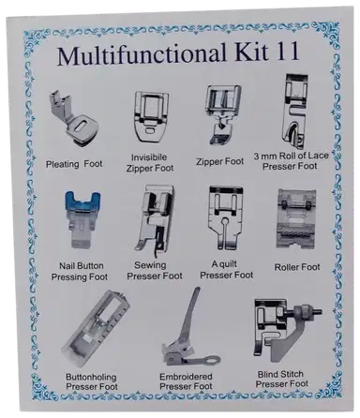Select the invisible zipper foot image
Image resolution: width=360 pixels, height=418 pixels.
(151, 118)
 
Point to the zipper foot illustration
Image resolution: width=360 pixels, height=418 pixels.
(222, 114)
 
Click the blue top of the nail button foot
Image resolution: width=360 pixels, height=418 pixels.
(82, 201)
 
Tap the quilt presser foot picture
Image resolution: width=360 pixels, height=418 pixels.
(226, 217)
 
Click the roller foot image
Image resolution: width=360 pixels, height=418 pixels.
(296, 218)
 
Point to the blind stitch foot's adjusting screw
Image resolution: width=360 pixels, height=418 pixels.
(307, 312)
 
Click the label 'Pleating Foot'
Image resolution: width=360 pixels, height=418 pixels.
(74, 164)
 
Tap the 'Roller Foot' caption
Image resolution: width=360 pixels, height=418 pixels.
(297, 267)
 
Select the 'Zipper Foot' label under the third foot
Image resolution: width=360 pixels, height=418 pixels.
(220, 161)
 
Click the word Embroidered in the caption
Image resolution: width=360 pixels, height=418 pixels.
(186, 376)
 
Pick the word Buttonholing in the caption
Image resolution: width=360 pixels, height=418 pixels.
(91, 377)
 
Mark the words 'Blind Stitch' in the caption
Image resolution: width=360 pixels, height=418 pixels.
(280, 374)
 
